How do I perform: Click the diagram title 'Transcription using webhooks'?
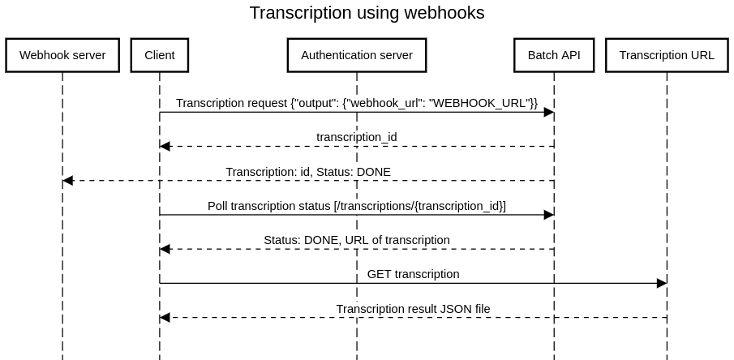click(367, 13)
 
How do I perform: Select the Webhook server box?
click(62, 55)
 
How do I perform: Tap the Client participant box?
click(159, 55)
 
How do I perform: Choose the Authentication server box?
click(356, 55)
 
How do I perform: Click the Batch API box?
click(554, 55)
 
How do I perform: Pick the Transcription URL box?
click(667, 55)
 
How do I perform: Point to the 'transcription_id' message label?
click(356, 137)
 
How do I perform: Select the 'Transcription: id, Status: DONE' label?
click(307, 171)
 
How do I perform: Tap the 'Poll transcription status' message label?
click(356, 206)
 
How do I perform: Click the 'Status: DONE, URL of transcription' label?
click(356, 240)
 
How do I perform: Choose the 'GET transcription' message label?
click(413, 274)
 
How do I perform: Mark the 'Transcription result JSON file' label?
click(413, 308)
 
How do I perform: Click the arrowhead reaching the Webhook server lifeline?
click(68, 181)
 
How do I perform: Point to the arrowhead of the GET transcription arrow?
click(661, 283)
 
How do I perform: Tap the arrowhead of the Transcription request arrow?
click(548, 113)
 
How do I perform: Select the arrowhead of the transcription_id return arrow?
click(165, 147)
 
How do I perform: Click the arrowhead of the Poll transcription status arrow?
click(548, 215)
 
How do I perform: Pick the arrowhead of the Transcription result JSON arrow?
click(165, 317)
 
